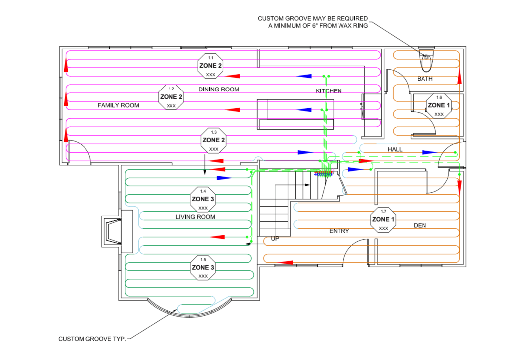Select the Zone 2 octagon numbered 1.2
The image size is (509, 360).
pos(171,97)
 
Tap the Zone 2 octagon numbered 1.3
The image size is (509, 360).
pos(214,140)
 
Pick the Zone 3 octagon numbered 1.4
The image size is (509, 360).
pos(203,199)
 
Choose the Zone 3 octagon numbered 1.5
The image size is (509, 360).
pos(203,268)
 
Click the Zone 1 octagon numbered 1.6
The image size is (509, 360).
pos(439,105)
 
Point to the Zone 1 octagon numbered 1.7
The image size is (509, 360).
pos(384,220)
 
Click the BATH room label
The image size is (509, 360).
pos(424,79)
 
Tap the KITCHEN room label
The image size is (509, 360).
pos(329,91)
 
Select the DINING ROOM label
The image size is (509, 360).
pos(219,90)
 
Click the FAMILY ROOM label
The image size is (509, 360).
pos(118,105)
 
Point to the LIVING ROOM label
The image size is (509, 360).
pos(195,217)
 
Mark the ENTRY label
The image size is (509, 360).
pos(339,231)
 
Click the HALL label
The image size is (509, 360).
pos(395,149)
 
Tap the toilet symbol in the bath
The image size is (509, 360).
pos(425,62)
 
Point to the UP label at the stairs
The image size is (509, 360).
pos(275,239)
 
